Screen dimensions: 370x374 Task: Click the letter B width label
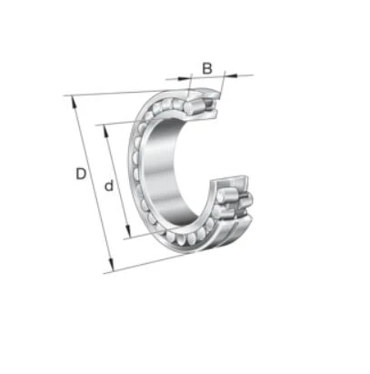tap(207, 68)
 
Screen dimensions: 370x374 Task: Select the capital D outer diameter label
tap(81, 174)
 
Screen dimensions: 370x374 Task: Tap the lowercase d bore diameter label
tap(109, 186)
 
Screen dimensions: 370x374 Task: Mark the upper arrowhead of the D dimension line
tap(73, 101)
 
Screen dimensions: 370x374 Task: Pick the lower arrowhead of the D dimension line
tap(112, 266)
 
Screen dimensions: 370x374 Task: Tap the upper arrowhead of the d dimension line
tap(105, 131)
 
